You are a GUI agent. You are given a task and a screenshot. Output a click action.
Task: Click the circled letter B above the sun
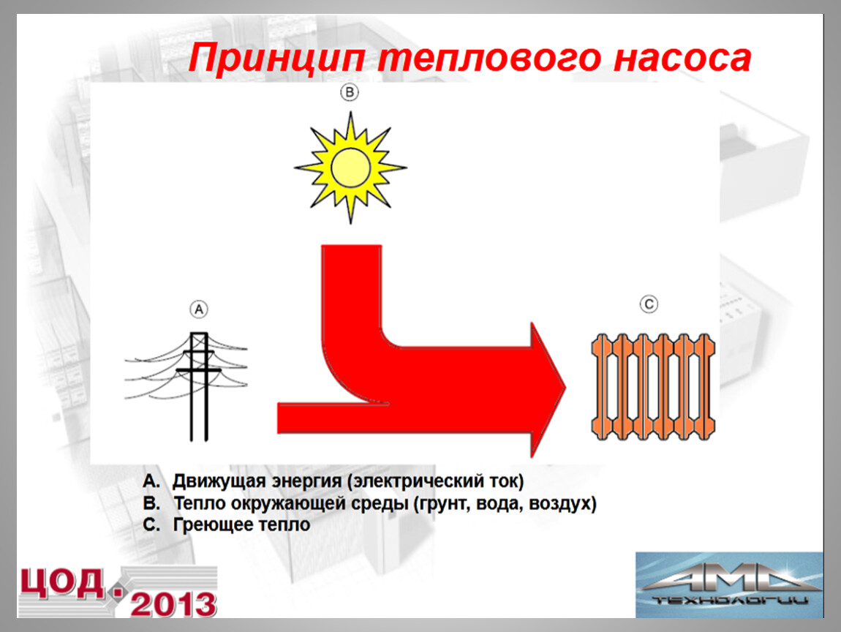350,92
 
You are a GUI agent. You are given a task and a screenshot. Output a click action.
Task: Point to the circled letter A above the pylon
199,309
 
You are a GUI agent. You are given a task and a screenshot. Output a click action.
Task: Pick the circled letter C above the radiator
649,304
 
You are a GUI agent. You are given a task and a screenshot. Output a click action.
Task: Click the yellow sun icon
351,168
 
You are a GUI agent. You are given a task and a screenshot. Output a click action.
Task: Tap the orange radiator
653,387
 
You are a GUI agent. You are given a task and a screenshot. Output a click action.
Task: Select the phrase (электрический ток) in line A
436,481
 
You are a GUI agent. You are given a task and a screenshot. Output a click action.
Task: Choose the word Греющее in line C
208,524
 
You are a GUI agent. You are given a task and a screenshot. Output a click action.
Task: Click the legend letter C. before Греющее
151,524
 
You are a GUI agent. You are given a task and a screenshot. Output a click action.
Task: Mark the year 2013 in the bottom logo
173,605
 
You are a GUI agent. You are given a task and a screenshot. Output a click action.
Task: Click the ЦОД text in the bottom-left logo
62,583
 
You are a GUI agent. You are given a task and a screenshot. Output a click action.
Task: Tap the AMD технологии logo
729,584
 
